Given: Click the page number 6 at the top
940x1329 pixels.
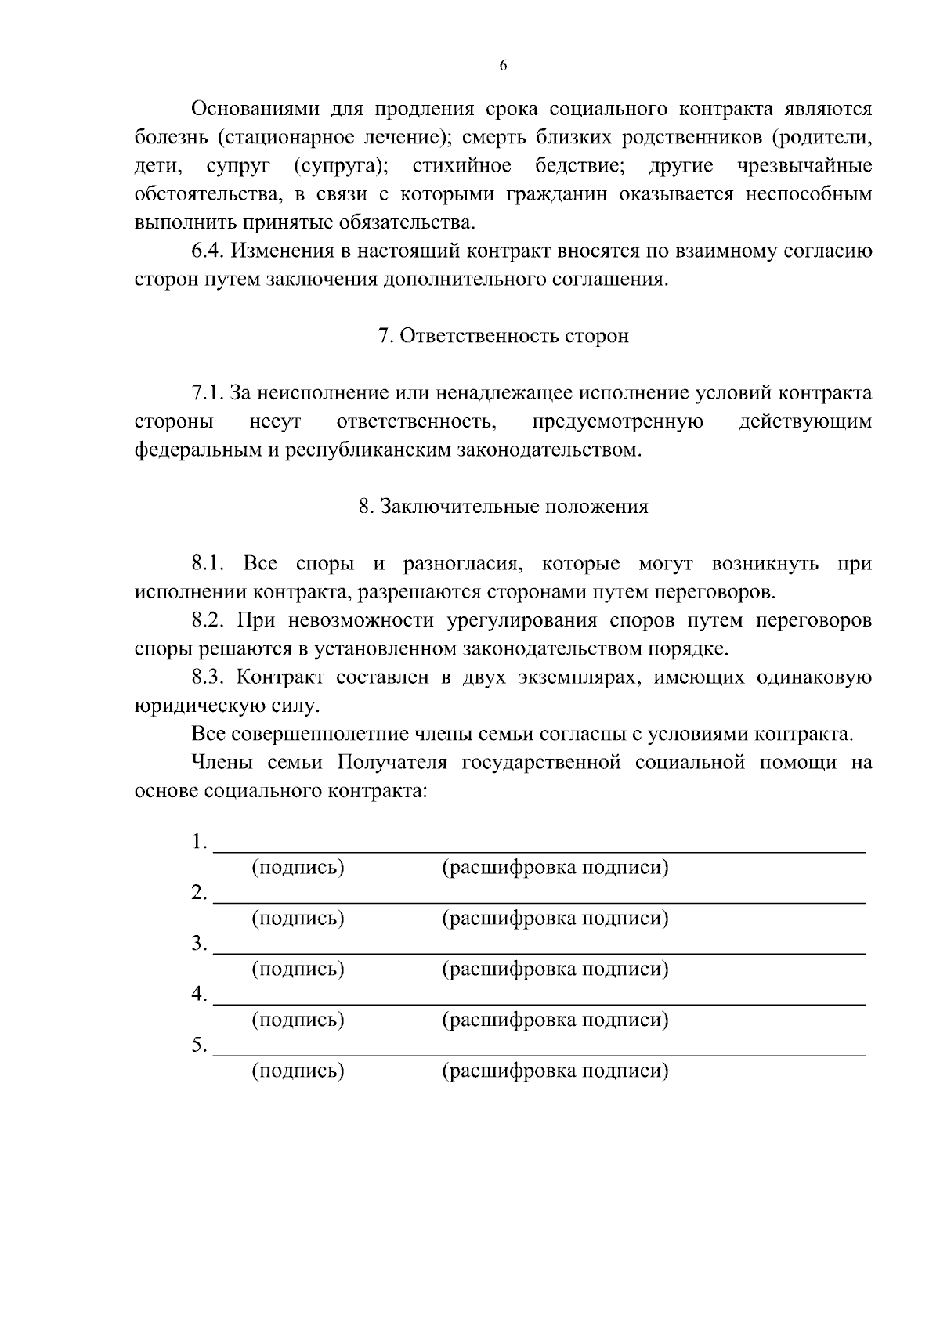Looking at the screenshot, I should tap(503, 67).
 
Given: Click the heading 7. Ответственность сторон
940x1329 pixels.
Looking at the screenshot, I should tap(503, 336).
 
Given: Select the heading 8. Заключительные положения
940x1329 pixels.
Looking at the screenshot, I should tap(503, 507).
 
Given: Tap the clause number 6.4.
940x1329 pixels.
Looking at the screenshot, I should tap(208, 251).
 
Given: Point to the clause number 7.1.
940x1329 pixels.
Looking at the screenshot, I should tap(208, 393).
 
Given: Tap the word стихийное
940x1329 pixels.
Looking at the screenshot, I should tap(462, 166).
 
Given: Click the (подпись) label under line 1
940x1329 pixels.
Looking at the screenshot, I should tap(298, 868).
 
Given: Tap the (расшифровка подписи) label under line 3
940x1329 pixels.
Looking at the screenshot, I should tap(555, 970).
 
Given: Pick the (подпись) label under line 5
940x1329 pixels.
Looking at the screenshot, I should tap(298, 1071).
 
